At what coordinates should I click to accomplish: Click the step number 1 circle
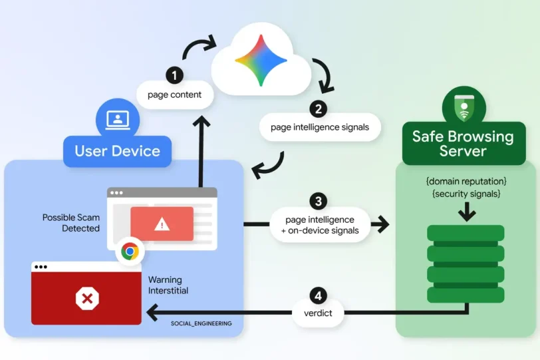coord(174,75)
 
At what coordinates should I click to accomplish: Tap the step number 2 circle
coord(318,109)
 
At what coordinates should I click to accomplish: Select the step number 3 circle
coord(318,201)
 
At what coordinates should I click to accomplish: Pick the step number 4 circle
coord(318,295)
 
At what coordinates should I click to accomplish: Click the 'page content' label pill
coord(175,94)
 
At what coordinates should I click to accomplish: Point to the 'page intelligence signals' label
coord(320,127)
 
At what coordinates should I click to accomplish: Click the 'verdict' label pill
coord(318,313)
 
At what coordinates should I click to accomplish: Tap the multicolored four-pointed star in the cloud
coord(261,61)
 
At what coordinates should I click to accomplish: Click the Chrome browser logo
coord(130,252)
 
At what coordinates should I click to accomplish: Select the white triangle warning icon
coord(162,225)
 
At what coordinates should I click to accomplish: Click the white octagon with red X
coord(87,298)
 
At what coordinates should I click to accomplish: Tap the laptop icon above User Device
coord(118,120)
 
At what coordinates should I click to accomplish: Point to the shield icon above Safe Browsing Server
coord(464,108)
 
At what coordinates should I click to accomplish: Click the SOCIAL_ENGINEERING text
coord(201,323)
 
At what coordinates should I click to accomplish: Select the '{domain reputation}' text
coord(466,181)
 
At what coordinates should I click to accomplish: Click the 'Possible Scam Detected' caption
coord(71,223)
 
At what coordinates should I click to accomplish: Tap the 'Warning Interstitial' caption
coord(168,285)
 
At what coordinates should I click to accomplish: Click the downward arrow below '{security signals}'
coord(467,211)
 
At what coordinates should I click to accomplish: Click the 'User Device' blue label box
coord(118,151)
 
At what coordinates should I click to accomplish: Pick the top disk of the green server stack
coord(466,233)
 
